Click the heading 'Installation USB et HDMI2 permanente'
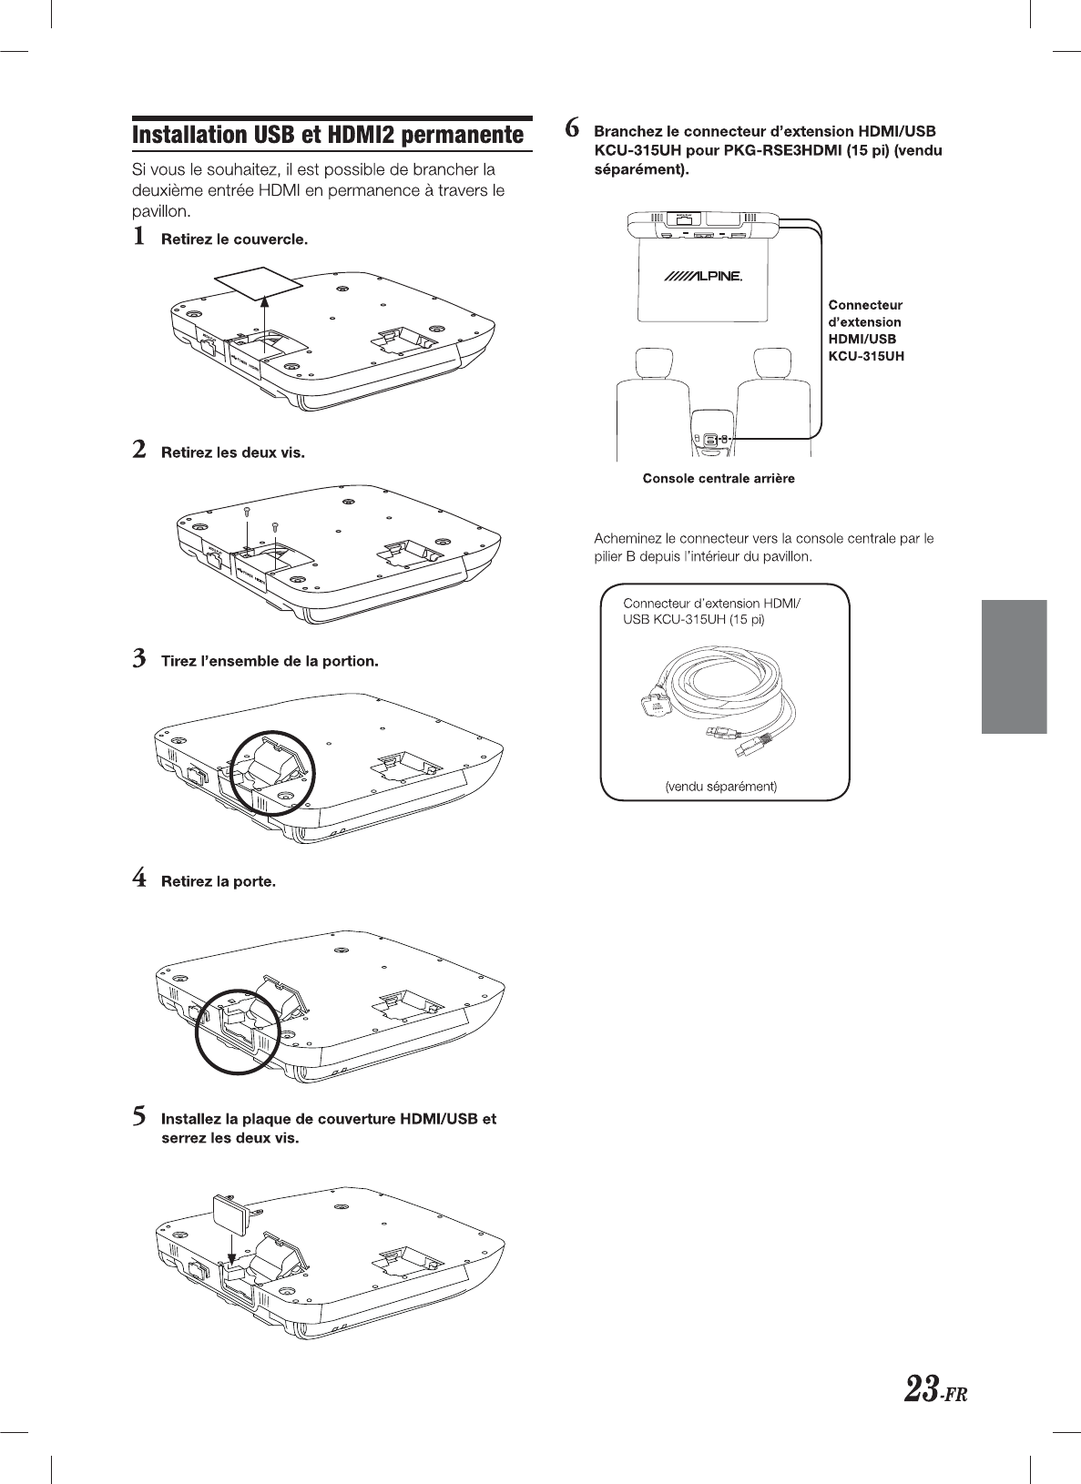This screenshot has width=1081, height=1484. (329, 135)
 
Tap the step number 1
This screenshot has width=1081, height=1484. (138, 237)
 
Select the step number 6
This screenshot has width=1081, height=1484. (572, 127)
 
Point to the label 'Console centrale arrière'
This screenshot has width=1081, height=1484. (719, 479)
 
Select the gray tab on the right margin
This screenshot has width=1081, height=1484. (1014, 666)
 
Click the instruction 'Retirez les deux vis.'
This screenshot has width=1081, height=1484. (232, 452)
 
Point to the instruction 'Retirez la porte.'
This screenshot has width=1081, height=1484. (218, 881)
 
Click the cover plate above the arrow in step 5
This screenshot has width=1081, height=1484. (230, 1211)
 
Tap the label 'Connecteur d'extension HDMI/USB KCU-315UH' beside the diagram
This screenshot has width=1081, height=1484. (865, 330)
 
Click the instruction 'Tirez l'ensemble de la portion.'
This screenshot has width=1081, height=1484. (270, 660)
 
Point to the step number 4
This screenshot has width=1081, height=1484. (139, 879)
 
